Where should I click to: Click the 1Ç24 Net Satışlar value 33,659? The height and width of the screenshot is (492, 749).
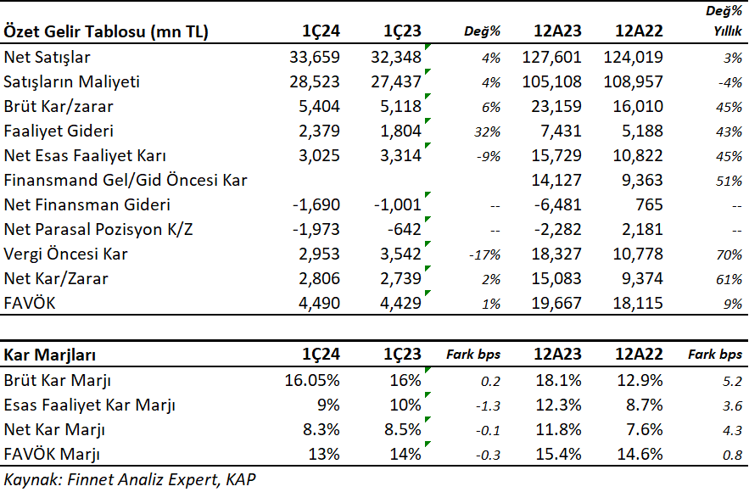(x=315, y=58)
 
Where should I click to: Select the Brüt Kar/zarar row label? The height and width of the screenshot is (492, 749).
(x=59, y=107)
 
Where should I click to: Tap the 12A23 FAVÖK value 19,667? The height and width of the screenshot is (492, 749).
(x=556, y=304)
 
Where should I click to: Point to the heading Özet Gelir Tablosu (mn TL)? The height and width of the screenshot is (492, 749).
(x=106, y=31)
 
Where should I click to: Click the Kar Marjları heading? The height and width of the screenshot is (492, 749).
(x=50, y=355)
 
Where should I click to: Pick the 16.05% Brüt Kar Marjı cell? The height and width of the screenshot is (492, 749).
(x=312, y=381)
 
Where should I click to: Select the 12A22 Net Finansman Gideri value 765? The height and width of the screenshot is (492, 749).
(x=649, y=205)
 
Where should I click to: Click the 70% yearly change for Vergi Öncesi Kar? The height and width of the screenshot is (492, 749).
(x=729, y=254)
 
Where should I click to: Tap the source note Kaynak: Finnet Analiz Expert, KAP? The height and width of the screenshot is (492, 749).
(x=130, y=479)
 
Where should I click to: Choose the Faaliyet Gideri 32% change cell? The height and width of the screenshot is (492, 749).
(x=487, y=131)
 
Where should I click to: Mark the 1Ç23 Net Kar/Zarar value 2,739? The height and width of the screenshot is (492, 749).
(x=400, y=279)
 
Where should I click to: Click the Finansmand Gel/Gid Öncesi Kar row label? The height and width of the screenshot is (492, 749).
(x=126, y=181)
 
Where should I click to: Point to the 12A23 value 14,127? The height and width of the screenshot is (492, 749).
(x=556, y=180)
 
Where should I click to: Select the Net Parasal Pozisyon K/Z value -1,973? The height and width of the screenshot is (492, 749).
(x=316, y=229)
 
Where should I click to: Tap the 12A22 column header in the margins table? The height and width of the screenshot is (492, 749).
(x=639, y=355)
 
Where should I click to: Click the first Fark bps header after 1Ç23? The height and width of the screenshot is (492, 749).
(x=473, y=355)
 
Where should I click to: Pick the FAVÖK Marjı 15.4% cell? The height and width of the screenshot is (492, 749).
(x=558, y=455)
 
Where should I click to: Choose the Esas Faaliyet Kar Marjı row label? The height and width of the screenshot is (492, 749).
(x=90, y=405)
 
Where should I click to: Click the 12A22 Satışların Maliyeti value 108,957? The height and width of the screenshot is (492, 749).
(x=634, y=81)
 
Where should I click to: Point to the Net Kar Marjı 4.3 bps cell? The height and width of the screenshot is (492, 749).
(x=732, y=430)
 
